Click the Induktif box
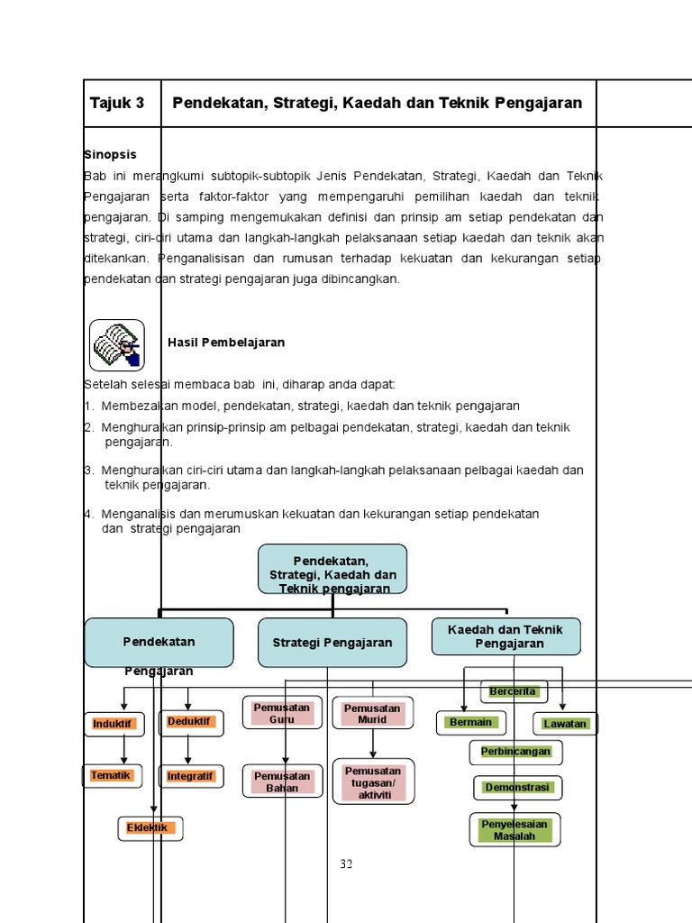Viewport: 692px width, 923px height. (114, 724)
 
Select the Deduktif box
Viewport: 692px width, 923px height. (189, 722)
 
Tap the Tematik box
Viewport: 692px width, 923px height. (112, 775)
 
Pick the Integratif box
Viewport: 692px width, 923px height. (189, 775)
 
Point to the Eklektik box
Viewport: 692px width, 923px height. (150, 828)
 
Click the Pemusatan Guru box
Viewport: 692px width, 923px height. (282, 713)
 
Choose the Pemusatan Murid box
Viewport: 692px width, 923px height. (372, 713)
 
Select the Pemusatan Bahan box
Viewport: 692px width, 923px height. (282, 781)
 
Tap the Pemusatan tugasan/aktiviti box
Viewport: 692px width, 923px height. (373, 781)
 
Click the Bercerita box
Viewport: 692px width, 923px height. (514, 691)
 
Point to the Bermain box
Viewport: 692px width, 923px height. (471, 722)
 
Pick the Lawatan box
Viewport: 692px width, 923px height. (565, 724)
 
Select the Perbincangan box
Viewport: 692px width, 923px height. (515, 751)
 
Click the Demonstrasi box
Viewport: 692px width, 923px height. (517, 788)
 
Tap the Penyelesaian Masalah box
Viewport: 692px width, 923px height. (514, 829)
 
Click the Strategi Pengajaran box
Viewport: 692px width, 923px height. (332, 643)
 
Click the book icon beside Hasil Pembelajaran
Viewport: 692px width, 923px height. (116, 344)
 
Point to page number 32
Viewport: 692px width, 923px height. (346, 864)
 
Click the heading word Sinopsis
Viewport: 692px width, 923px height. (106, 155)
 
